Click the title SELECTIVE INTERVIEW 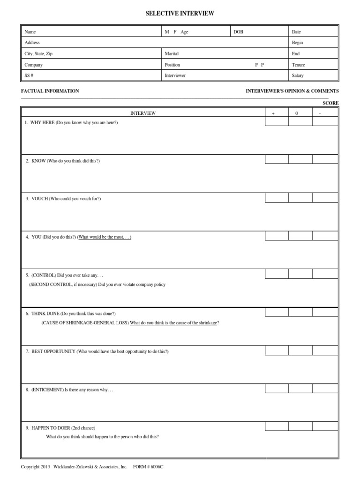(x=180, y=14)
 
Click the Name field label (x=30, y=32)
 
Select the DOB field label (x=239, y=32)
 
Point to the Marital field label (x=172, y=54)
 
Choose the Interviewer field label (x=175, y=75)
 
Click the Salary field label (x=298, y=75)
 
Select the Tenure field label (x=298, y=65)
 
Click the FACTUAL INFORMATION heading (x=50, y=91)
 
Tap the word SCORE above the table (x=330, y=103)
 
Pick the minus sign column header (x=319, y=113)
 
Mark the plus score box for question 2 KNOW (x=277, y=159)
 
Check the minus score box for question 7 (x=325, y=350)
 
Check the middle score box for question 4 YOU (x=300, y=236)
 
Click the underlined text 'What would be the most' (x=105, y=237)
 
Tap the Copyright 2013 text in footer (x=36, y=467)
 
